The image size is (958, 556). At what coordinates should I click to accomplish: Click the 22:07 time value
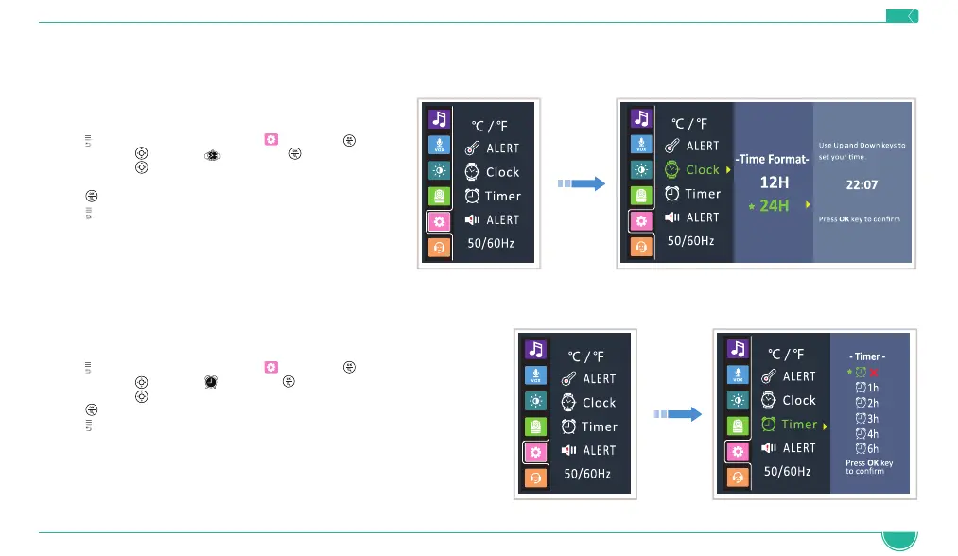tap(861, 184)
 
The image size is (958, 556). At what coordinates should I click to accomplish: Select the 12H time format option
tap(775, 182)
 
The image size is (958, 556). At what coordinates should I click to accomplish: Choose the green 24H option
tap(775, 204)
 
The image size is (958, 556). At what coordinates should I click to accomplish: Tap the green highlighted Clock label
tap(703, 170)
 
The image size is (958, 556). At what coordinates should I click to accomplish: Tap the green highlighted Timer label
tap(799, 425)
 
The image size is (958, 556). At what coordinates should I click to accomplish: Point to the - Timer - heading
tap(867, 356)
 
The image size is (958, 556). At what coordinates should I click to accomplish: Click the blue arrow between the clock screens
tap(580, 184)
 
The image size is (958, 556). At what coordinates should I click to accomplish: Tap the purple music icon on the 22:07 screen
tap(639, 119)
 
